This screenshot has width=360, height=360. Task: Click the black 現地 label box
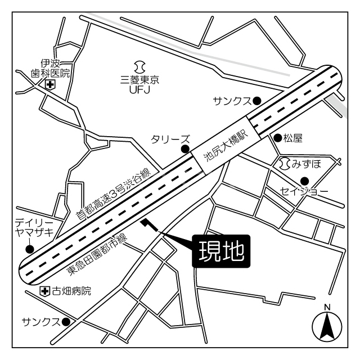click(x=221, y=251)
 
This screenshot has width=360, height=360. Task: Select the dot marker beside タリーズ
click(x=184, y=149)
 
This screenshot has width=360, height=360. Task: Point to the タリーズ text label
click(x=170, y=139)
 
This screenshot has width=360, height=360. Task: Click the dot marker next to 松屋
click(x=277, y=137)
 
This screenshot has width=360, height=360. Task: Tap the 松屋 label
click(x=293, y=137)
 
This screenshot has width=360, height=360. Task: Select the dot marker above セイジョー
click(x=304, y=181)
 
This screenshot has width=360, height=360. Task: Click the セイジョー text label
click(x=304, y=192)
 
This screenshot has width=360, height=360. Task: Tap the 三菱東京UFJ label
click(x=140, y=84)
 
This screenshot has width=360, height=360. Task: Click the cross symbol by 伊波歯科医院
click(x=50, y=85)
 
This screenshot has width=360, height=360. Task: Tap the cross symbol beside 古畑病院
click(x=45, y=291)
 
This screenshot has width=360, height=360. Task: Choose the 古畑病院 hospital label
click(x=71, y=291)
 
